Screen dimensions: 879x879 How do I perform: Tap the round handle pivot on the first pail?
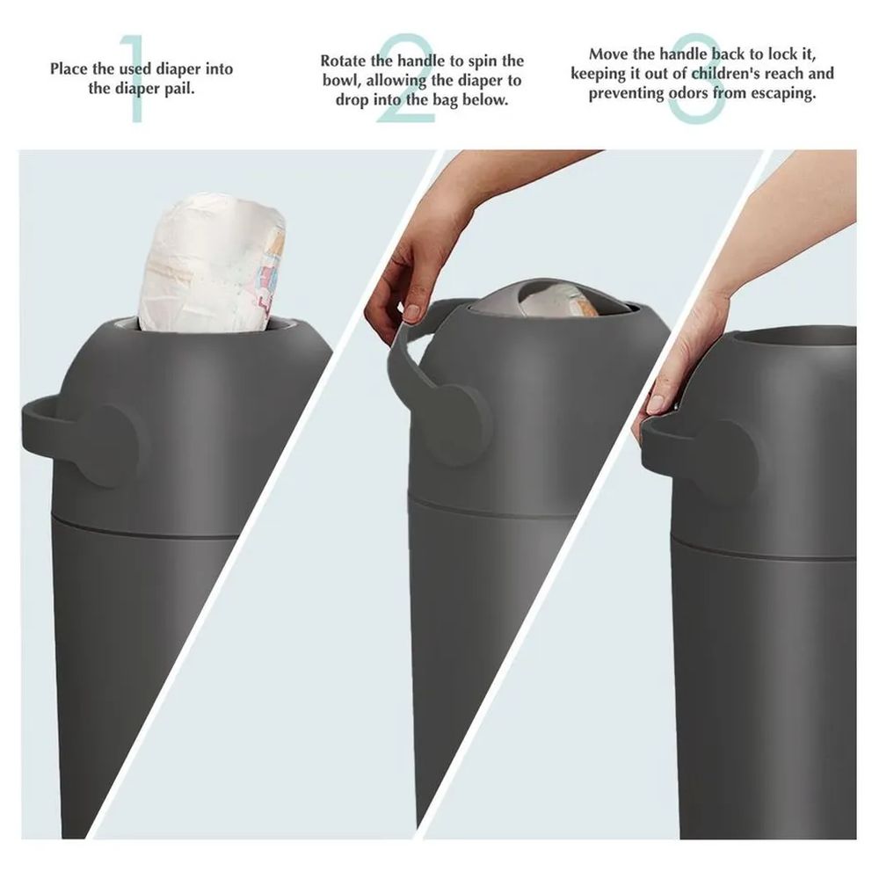(113, 447)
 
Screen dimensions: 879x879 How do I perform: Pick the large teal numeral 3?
(701, 77)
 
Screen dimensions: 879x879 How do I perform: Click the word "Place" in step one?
(69, 69)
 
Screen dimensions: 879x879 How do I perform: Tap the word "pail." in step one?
(178, 89)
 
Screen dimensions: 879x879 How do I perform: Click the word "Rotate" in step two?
(344, 61)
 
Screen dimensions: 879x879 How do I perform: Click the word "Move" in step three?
(608, 54)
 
